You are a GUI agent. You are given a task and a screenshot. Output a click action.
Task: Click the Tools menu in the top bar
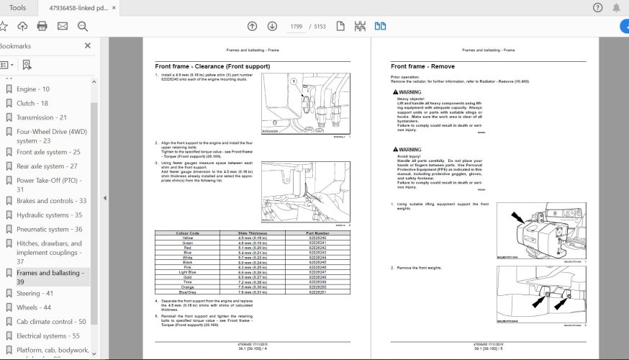pos(17,7)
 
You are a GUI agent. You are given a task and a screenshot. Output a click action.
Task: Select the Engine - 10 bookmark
pos(32,89)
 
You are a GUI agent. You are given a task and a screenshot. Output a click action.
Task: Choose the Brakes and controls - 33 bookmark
pos(51,201)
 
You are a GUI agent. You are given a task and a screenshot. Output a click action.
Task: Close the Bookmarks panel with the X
pos(88,45)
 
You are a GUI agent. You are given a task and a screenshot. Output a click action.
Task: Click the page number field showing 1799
pos(296,27)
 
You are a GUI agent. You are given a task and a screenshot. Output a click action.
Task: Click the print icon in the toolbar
pos(42,27)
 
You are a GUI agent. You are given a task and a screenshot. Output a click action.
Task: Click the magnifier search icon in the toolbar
pos(82,27)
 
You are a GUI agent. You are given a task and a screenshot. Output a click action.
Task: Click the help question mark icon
pos(597,8)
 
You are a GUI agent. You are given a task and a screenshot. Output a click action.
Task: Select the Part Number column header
pos(317,233)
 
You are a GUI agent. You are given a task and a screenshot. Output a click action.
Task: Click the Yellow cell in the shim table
pos(187,238)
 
